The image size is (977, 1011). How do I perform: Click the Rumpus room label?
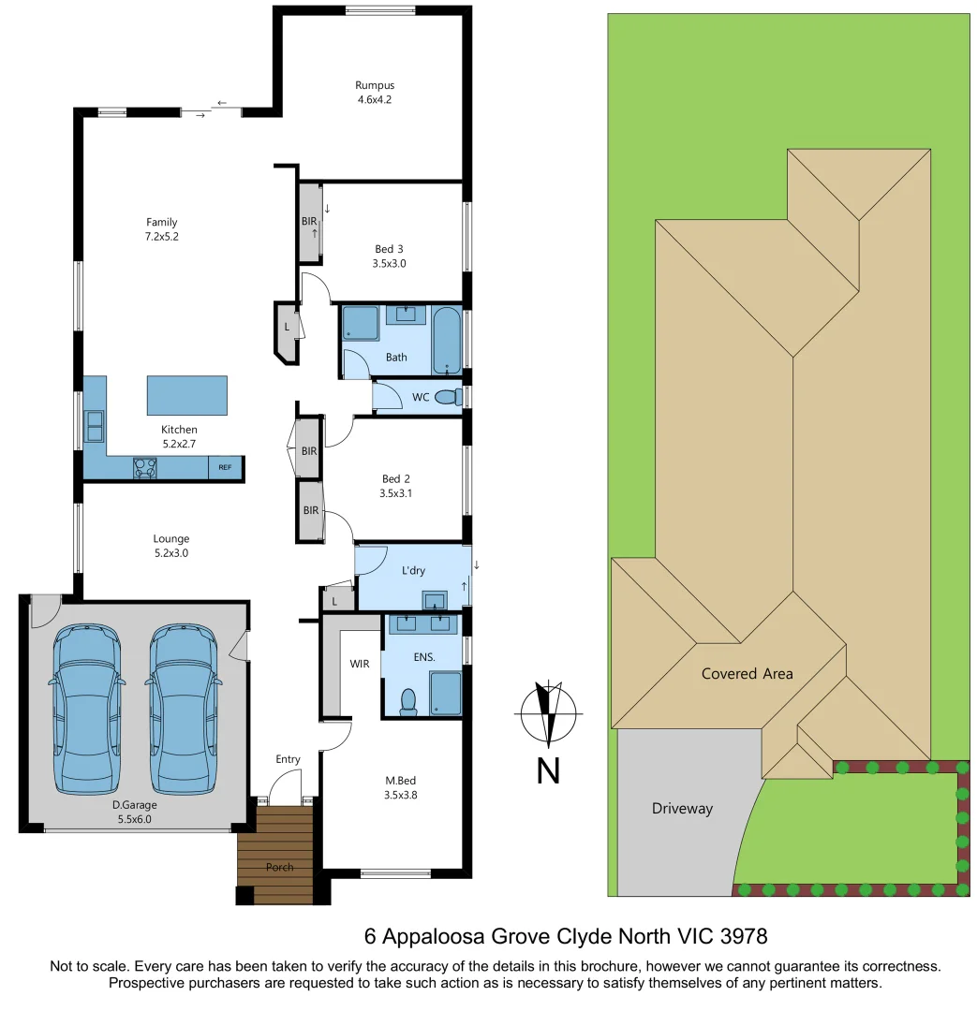tap(375, 85)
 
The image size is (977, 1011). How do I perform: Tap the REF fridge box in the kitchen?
tap(225, 466)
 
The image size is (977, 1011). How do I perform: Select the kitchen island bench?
tap(186, 395)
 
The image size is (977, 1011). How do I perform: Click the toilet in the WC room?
tap(449, 397)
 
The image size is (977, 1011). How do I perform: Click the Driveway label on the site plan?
tap(682, 809)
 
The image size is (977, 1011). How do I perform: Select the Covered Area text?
tap(747, 673)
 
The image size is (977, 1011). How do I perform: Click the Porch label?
tap(279, 867)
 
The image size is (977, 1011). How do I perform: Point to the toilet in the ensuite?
tap(408, 701)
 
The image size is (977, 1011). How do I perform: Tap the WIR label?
tap(360, 664)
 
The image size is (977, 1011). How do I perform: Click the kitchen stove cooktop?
tap(145, 467)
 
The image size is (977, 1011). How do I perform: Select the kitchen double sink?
tap(94, 426)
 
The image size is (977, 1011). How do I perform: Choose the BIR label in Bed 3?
tap(308, 222)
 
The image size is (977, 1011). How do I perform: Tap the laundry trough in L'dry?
tap(436, 600)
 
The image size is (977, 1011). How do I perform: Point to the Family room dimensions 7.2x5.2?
tap(161, 237)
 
